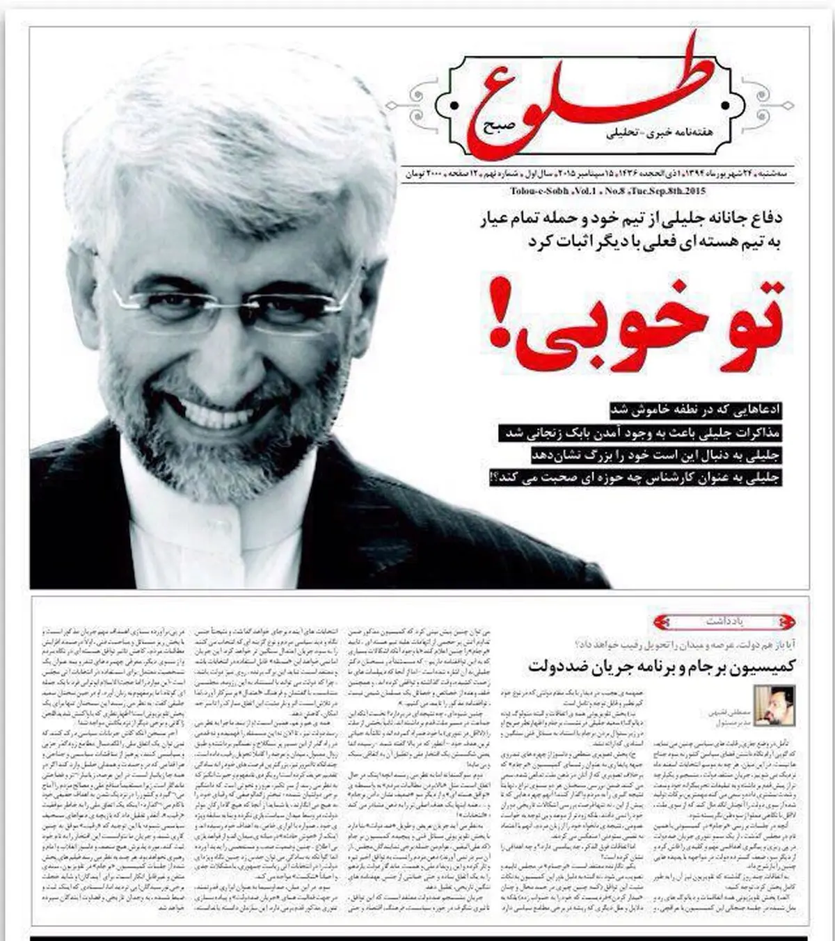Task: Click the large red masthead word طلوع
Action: [591, 97]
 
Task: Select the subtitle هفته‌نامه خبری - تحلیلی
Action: [567, 141]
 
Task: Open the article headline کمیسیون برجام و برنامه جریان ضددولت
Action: [661, 666]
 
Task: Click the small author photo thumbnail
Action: [774, 706]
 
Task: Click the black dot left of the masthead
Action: [454, 106]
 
